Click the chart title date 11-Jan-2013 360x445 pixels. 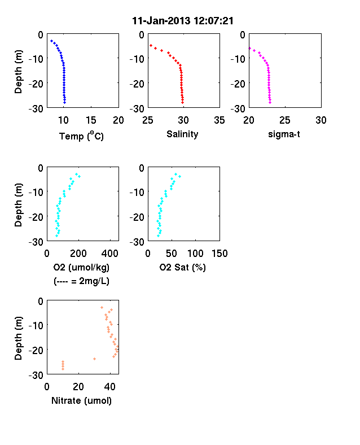pos(161,21)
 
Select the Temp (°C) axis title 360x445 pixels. pos(81,136)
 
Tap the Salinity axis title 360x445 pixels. pos(182,134)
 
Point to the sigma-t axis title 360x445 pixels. pos(284,134)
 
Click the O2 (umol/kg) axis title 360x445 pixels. pos(81,267)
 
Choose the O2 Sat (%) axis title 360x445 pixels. pos(183,267)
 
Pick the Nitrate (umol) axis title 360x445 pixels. pos(81,400)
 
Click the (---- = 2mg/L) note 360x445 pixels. pos(81,281)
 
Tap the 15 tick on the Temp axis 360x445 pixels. pos(91,120)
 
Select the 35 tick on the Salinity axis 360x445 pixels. pos(219,120)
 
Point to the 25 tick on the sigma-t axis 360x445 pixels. pos(285,120)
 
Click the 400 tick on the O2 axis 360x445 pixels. pos(109,253)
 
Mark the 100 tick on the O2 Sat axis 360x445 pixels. pos(195,253)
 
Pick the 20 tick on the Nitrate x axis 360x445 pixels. pos(78,386)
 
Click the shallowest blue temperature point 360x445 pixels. pos(51,41)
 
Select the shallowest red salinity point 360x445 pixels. pos(151,45)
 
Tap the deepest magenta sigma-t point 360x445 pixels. pos(270,102)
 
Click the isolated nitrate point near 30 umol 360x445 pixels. pos(94,359)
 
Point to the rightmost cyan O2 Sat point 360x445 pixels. pos(179,177)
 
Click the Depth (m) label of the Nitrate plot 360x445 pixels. pos(18,338)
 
